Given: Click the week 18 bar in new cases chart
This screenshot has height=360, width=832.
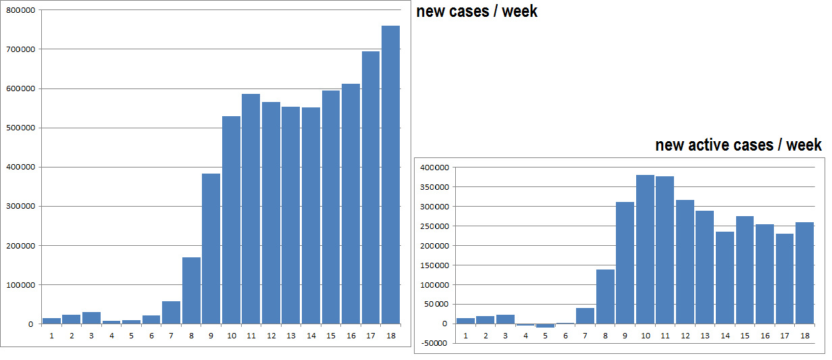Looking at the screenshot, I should [x=390, y=175].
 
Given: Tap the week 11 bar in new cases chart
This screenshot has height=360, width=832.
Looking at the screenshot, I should [x=251, y=209].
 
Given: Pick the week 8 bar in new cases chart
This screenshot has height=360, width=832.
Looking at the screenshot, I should [x=191, y=290].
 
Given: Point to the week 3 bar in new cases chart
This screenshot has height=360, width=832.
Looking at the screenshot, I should [x=91, y=317].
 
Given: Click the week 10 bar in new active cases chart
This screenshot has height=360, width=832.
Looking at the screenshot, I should [x=645, y=249].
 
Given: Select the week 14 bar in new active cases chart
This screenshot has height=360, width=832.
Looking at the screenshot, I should [x=725, y=278].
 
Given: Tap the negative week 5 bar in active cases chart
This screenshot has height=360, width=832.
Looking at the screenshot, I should [x=545, y=326].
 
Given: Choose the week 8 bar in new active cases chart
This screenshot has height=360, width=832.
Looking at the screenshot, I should [x=605, y=297].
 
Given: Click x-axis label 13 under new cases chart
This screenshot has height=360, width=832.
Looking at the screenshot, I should [x=290, y=335].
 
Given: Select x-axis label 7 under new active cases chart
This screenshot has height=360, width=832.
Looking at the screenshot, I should [x=585, y=335].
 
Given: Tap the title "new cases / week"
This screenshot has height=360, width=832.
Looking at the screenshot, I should [x=477, y=11].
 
